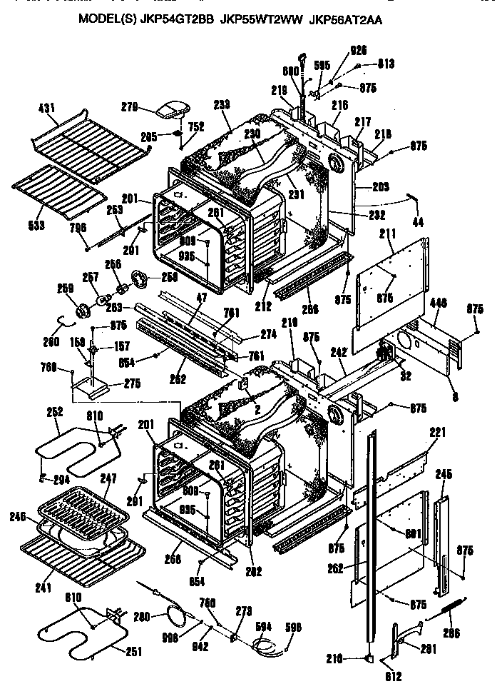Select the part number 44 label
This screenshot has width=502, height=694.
(417, 223)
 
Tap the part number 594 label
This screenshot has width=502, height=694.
(263, 626)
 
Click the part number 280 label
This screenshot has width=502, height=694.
(142, 615)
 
